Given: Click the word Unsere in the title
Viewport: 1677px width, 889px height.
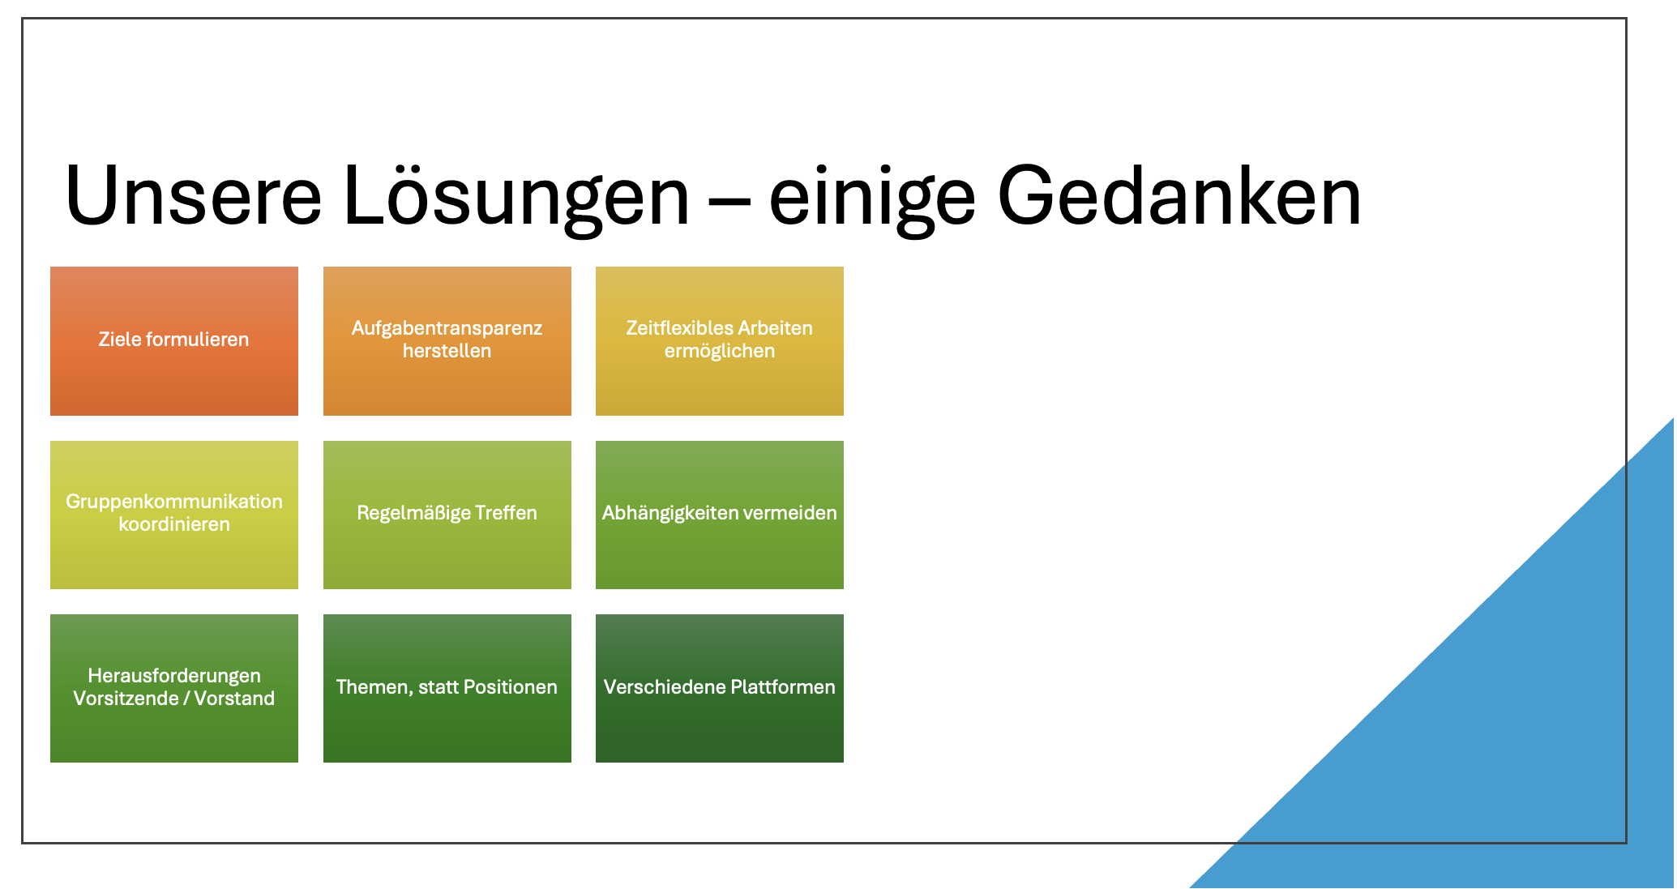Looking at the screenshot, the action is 193,196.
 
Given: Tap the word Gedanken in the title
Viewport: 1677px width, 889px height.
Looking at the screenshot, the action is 1179,196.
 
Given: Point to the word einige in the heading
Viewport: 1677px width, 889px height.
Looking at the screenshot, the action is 871,199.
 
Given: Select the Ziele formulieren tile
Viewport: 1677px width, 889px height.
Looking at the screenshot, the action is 174,341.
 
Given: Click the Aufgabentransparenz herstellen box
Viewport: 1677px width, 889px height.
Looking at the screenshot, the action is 447,341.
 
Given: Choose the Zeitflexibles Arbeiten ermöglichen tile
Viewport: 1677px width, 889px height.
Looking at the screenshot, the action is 720,341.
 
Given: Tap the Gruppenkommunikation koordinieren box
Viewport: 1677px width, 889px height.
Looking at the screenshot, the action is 174,515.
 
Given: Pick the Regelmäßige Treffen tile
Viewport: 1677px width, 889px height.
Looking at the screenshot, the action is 447,515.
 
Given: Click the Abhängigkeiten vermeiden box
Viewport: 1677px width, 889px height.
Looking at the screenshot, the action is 720,515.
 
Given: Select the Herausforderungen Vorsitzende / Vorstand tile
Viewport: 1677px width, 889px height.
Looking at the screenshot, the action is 174,688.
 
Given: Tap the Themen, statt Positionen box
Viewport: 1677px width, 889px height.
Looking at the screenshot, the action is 447,688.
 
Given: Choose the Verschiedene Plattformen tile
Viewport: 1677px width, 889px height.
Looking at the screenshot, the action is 720,688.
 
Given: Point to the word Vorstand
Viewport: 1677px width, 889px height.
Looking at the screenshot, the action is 234,699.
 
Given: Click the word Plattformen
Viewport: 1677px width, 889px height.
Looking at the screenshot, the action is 782,687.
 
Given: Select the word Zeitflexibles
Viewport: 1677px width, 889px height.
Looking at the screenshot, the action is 678,328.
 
